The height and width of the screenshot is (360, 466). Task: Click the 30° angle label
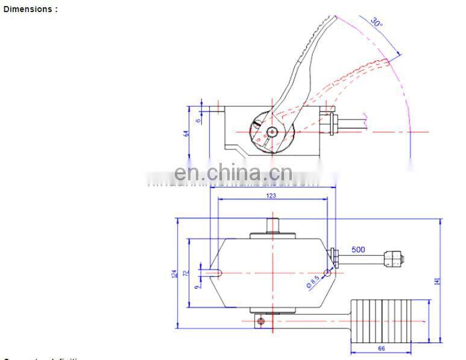click(x=377, y=24)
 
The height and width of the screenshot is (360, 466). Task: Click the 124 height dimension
click(x=175, y=274)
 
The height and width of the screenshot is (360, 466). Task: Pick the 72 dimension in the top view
click(x=186, y=273)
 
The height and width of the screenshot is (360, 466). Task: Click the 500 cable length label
click(x=358, y=250)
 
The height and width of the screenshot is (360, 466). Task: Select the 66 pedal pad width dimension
click(x=381, y=348)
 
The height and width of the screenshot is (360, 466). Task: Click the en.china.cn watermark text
click(x=233, y=174)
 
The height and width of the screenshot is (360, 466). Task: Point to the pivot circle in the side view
click(x=273, y=131)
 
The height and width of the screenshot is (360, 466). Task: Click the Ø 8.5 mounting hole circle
click(x=327, y=273)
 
